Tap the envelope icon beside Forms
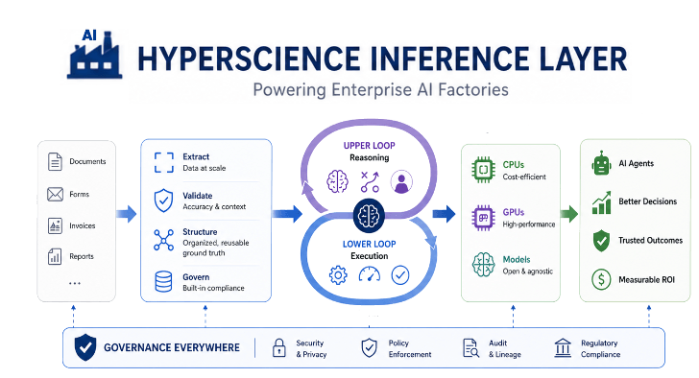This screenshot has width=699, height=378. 55,195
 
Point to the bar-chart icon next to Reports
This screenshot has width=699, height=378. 55,257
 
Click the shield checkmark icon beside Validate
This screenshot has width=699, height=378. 163,201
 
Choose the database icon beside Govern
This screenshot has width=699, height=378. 163,282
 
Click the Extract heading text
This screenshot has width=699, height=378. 195,156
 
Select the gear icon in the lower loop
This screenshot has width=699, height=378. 337,275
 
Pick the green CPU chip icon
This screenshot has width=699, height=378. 481,169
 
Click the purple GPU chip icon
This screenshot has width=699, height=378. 481,217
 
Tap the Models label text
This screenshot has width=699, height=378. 518,260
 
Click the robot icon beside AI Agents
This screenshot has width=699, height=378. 602,163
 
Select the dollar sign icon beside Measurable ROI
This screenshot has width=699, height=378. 602,280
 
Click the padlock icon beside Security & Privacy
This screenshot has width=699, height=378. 280,348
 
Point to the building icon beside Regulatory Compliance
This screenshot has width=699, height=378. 562,348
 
